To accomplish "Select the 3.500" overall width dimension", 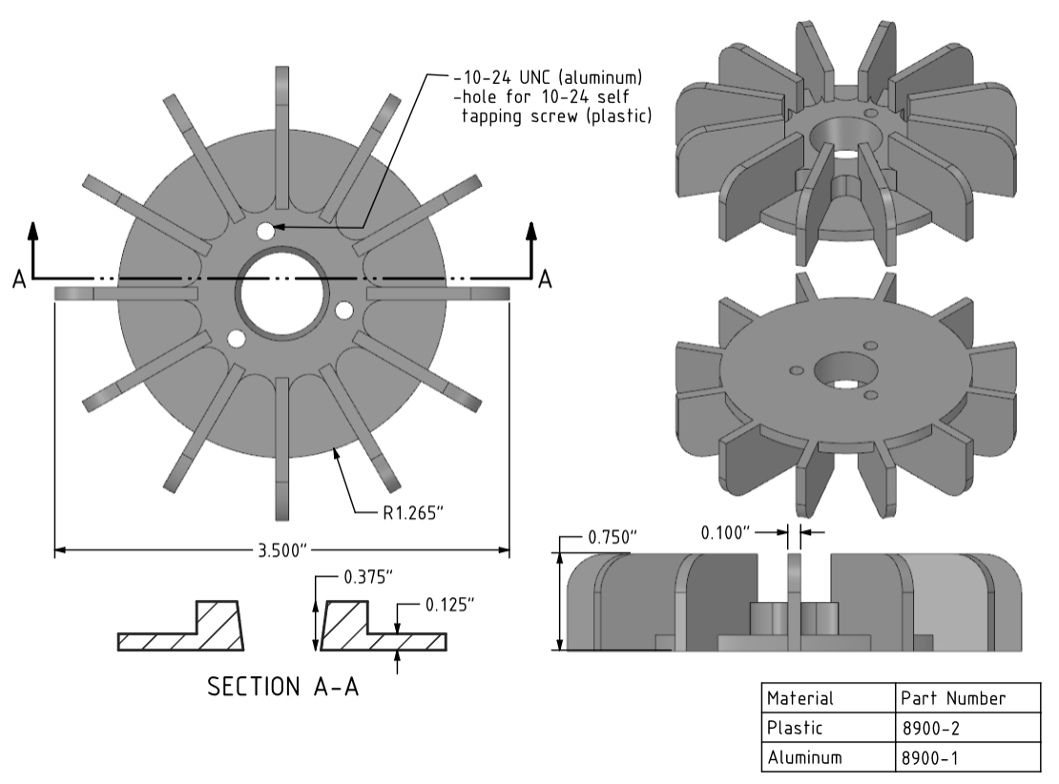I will pos(281,550).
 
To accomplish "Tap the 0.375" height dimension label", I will pos(368,578).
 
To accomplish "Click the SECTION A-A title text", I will pos(284,689).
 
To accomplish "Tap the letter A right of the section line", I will pos(546,279).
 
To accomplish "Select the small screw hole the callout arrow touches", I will pos(265,231).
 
